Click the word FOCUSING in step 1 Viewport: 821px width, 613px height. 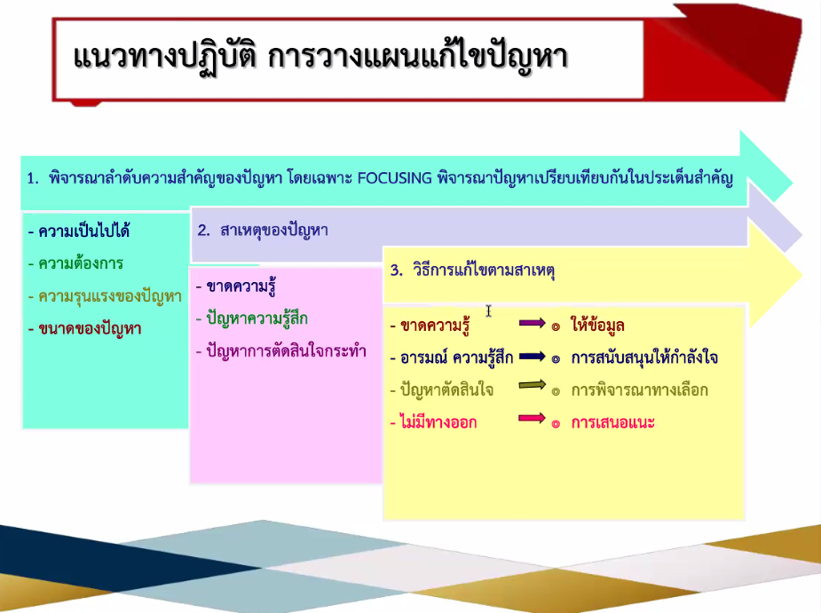click(394, 178)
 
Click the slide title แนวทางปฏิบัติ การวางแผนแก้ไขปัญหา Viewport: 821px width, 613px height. click(320, 58)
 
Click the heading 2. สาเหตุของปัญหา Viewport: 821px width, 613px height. click(263, 231)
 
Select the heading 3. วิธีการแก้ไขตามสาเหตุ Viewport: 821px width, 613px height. click(472, 270)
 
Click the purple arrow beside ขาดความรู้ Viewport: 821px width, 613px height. click(532, 324)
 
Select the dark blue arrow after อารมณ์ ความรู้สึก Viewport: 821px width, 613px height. click(532, 357)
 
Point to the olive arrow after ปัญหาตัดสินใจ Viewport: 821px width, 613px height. click(532, 385)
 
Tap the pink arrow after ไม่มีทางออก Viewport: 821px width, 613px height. click(532, 418)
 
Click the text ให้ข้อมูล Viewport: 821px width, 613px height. click(597, 325)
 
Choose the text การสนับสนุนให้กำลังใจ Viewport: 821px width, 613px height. click(644, 358)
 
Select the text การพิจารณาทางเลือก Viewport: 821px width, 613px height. click(639, 390)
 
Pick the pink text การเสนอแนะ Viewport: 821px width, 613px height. click(612, 422)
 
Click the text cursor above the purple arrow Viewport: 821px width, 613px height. click(488, 311)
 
